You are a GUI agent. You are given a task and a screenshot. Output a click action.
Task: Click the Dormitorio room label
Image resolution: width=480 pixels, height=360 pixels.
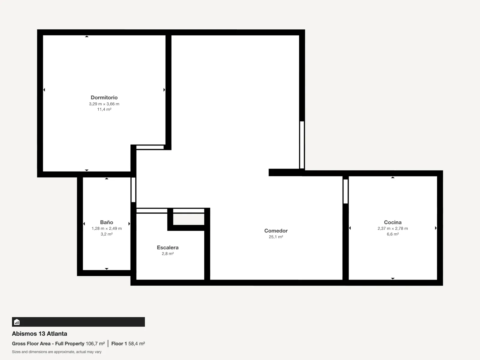pyautogui.click(x=104, y=97)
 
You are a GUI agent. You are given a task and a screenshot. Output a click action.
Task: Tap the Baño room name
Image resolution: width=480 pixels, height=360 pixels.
pyautogui.click(x=106, y=222)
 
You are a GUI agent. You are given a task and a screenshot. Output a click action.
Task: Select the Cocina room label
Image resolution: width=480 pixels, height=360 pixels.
pyautogui.click(x=393, y=222)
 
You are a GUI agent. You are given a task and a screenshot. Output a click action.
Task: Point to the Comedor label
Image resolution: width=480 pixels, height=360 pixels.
pyautogui.click(x=276, y=231)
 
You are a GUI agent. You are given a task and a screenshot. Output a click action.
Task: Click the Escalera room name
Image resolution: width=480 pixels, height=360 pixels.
pyautogui.click(x=168, y=247)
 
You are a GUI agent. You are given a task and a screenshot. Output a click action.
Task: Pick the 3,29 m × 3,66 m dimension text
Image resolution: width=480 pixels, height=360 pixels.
pyautogui.click(x=104, y=104)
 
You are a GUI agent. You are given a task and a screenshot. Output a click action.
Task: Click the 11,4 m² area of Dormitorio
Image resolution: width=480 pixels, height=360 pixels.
pyautogui.click(x=104, y=109)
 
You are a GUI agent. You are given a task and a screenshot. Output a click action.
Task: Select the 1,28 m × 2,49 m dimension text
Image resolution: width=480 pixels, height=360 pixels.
pyautogui.click(x=107, y=228)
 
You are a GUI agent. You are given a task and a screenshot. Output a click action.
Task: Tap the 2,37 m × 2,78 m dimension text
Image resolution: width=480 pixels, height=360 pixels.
pyautogui.click(x=393, y=228)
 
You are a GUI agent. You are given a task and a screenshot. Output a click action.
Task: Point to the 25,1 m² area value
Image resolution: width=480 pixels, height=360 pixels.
pyautogui.click(x=276, y=237)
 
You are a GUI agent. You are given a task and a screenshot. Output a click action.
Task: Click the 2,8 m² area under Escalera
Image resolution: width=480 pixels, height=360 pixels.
pyautogui.click(x=168, y=253)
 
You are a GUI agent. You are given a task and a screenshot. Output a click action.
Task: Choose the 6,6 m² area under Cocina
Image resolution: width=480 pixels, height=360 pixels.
pyautogui.click(x=393, y=234)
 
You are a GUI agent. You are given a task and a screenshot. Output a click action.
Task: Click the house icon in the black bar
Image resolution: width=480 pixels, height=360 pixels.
pyautogui.click(x=17, y=322)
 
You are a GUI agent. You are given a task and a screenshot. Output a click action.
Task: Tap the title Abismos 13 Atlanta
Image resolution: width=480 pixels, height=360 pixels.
pyautogui.click(x=40, y=334)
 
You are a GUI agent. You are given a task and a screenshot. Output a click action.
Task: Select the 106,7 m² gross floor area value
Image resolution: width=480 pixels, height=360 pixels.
pyautogui.click(x=95, y=343)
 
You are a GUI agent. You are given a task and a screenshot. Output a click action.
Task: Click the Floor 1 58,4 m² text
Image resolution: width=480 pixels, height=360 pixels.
pyautogui.click(x=128, y=343)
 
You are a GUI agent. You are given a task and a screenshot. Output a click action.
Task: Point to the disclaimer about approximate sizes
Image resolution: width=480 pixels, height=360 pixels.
pyautogui.click(x=57, y=352)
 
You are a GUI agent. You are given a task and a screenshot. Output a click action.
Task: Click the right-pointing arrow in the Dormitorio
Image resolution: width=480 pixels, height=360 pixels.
pyautogui.click(x=164, y=90)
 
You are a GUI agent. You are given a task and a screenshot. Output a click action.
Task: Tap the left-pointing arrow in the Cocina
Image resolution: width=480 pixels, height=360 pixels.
pyautogui.click(x=350, y=228)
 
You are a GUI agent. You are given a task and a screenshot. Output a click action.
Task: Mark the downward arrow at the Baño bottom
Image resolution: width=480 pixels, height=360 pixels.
pyautogui.click(x=106, y=269)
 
